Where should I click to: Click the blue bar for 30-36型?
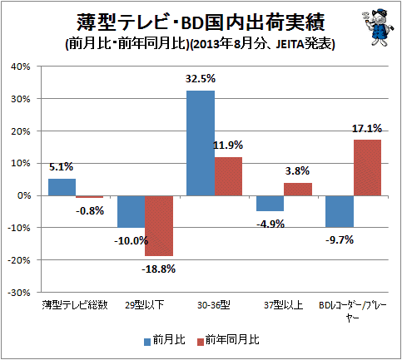(201, 143)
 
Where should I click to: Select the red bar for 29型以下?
(159, 226)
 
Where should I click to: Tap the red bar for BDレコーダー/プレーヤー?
(367, 168)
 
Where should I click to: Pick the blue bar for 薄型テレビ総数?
(62, 187)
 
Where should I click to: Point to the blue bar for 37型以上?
(270, 204)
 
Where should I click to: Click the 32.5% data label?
(201, 79)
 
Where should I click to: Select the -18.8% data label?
(159, 269)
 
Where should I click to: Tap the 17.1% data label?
(367, 129)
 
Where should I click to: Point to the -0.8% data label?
(90, 211)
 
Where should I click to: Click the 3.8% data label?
(297, 171)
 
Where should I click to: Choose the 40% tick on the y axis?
(20, 67)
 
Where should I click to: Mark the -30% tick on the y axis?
(19, 293)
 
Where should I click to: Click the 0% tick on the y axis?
(23, 195)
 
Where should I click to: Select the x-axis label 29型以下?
(145, 305)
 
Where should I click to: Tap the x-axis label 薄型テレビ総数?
(75, 305)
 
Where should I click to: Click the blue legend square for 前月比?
(147, 342)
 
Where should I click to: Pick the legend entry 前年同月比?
(228, 340)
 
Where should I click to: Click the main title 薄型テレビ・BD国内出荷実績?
(201, 22)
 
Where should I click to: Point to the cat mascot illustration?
(378, 27)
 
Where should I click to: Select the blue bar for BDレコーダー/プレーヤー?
(340, 211)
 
